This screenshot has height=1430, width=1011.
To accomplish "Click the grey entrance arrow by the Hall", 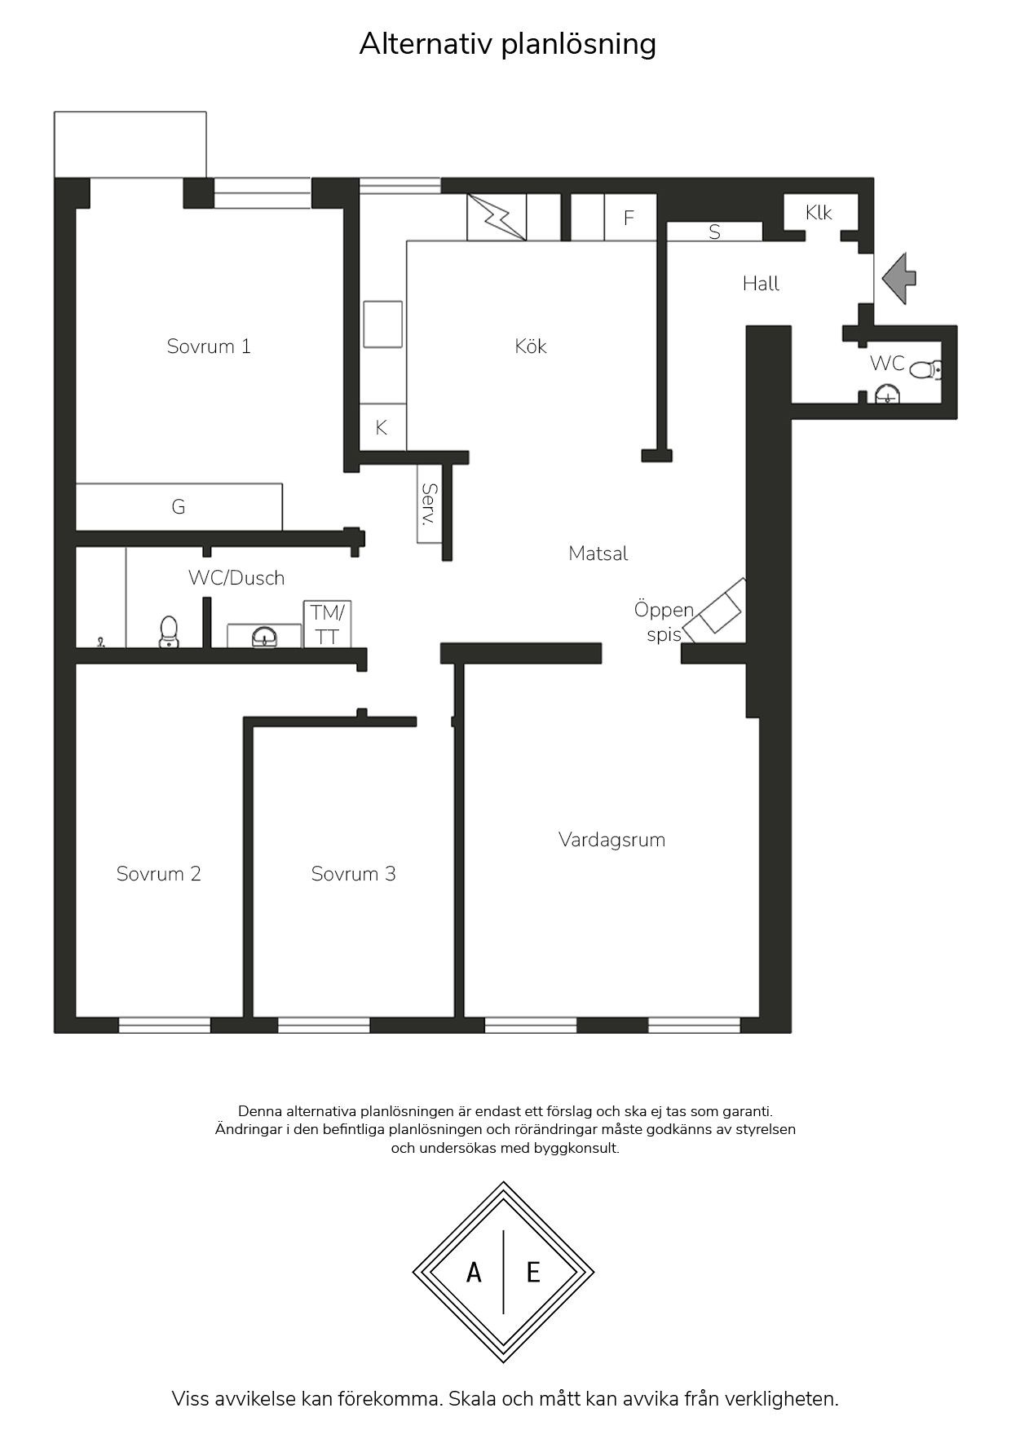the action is coord(898,278).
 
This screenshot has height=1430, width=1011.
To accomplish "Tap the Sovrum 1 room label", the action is coord(209,346).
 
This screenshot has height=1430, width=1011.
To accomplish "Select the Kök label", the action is coord(531,346).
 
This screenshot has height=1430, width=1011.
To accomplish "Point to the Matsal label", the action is coord(598,554).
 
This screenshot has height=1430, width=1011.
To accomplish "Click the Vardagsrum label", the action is coord(612,840).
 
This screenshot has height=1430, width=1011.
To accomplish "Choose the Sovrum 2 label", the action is coord(159,874).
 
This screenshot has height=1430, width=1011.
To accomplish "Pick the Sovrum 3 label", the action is coord(354,874).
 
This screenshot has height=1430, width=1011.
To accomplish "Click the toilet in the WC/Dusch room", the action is coord(169,632).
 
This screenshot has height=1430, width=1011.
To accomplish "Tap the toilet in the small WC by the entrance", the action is coord(925,371).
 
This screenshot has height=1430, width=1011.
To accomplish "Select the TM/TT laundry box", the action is coord(328,625).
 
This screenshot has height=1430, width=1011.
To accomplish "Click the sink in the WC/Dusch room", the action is coord(264,636).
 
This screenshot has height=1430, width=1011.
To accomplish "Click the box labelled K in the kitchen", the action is coord(382,427).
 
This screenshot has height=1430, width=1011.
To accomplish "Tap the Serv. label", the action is coord(429,504).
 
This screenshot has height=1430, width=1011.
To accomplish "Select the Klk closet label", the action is coord(819,213).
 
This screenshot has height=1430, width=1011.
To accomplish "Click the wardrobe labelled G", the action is coord(179,507).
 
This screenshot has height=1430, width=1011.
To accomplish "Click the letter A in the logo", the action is coord(474,1272).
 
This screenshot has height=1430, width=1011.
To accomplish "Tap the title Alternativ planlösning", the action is coord(507,43).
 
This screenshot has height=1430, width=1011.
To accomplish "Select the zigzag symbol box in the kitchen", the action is coord(497,218).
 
